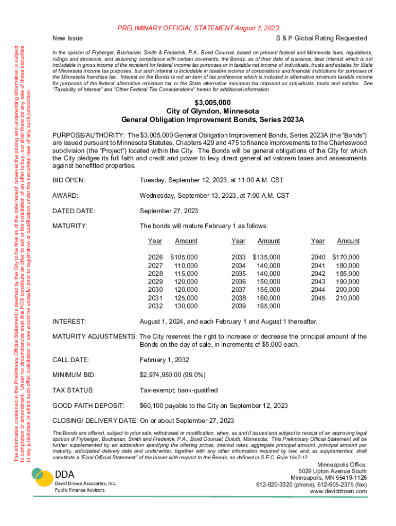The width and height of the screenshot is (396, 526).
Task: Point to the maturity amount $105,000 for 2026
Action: [184, 257]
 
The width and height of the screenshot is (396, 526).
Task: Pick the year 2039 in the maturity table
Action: [239, 306]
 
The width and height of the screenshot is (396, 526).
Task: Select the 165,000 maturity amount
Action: [268, 306]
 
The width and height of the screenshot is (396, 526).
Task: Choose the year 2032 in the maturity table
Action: [155, 306]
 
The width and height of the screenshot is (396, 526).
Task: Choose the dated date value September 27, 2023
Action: [169, 211]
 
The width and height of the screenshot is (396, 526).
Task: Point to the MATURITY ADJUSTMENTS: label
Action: [95, 337]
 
